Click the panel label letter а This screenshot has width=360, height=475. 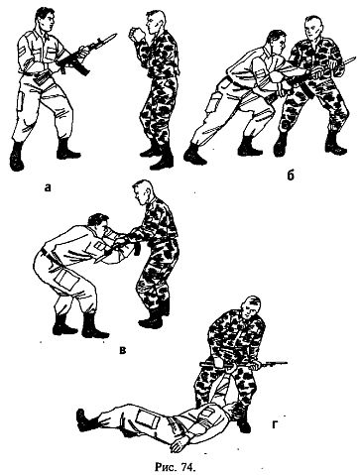(x=48, y=188)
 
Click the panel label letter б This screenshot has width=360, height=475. (x=291, y=175)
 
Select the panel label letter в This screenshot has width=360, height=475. (x=122, y=350)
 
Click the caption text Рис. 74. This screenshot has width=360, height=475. (x=177, y=467)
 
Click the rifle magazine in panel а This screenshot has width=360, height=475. (x=82, y=68)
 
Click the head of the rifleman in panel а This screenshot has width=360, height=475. (x=45, y=20)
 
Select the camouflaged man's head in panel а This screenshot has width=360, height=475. (x=155, y=22)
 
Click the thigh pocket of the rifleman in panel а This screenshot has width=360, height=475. (x=20, y=102)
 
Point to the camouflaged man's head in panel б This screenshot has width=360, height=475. (x=313, y=29)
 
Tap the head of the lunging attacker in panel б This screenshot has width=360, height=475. (x=277, y=42)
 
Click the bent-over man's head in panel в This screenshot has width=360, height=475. (x=98, y=225)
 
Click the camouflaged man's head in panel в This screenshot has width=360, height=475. (x=143, y=192)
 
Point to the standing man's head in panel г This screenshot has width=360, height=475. (x=251, y=308)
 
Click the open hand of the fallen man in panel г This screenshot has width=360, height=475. (x=179, y=444)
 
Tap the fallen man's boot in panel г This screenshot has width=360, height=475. (x=85, y=419)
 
